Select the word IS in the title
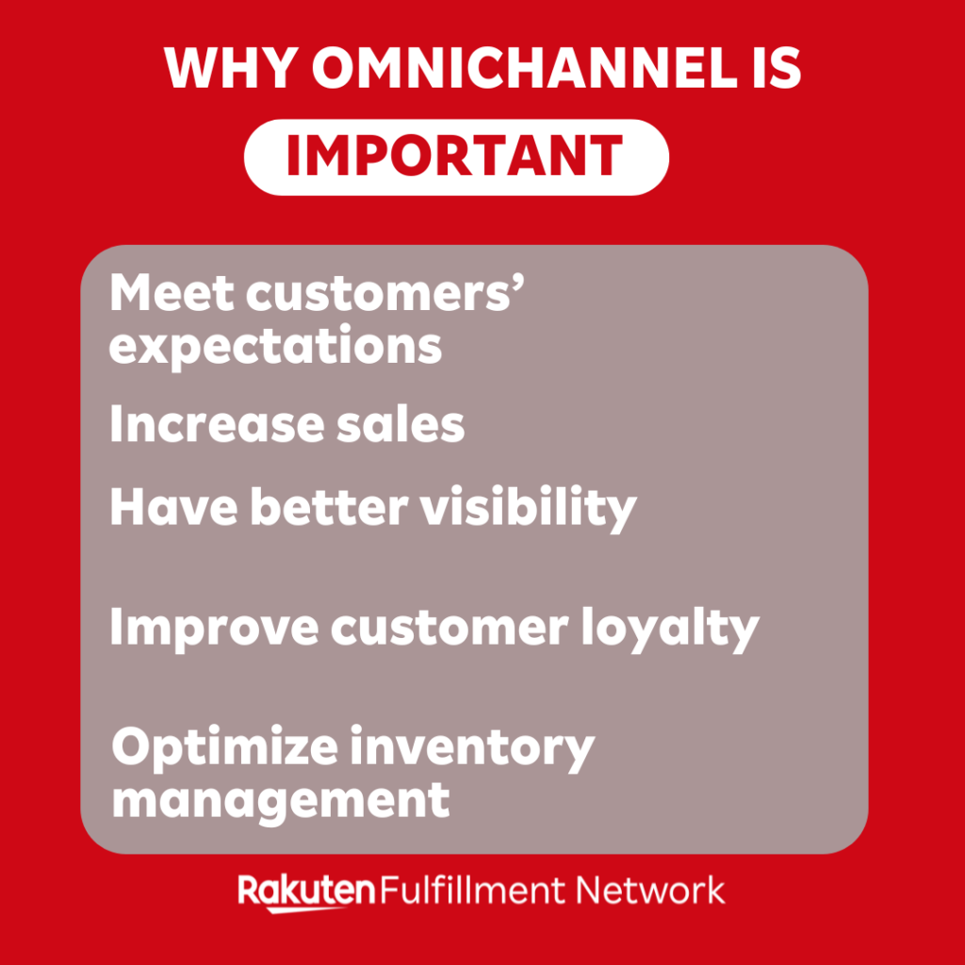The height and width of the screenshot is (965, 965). point(770,68)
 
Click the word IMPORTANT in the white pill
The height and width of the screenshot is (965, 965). point(455,156)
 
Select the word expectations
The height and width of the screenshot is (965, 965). point(275,347)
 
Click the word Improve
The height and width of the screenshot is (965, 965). point(211,628)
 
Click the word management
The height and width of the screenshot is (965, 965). point(281,800)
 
